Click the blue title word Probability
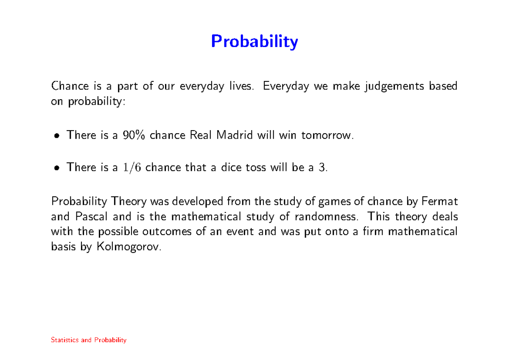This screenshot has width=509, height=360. click(x=255, y=42)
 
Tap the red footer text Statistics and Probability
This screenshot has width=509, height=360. click(x=89, y=340)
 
